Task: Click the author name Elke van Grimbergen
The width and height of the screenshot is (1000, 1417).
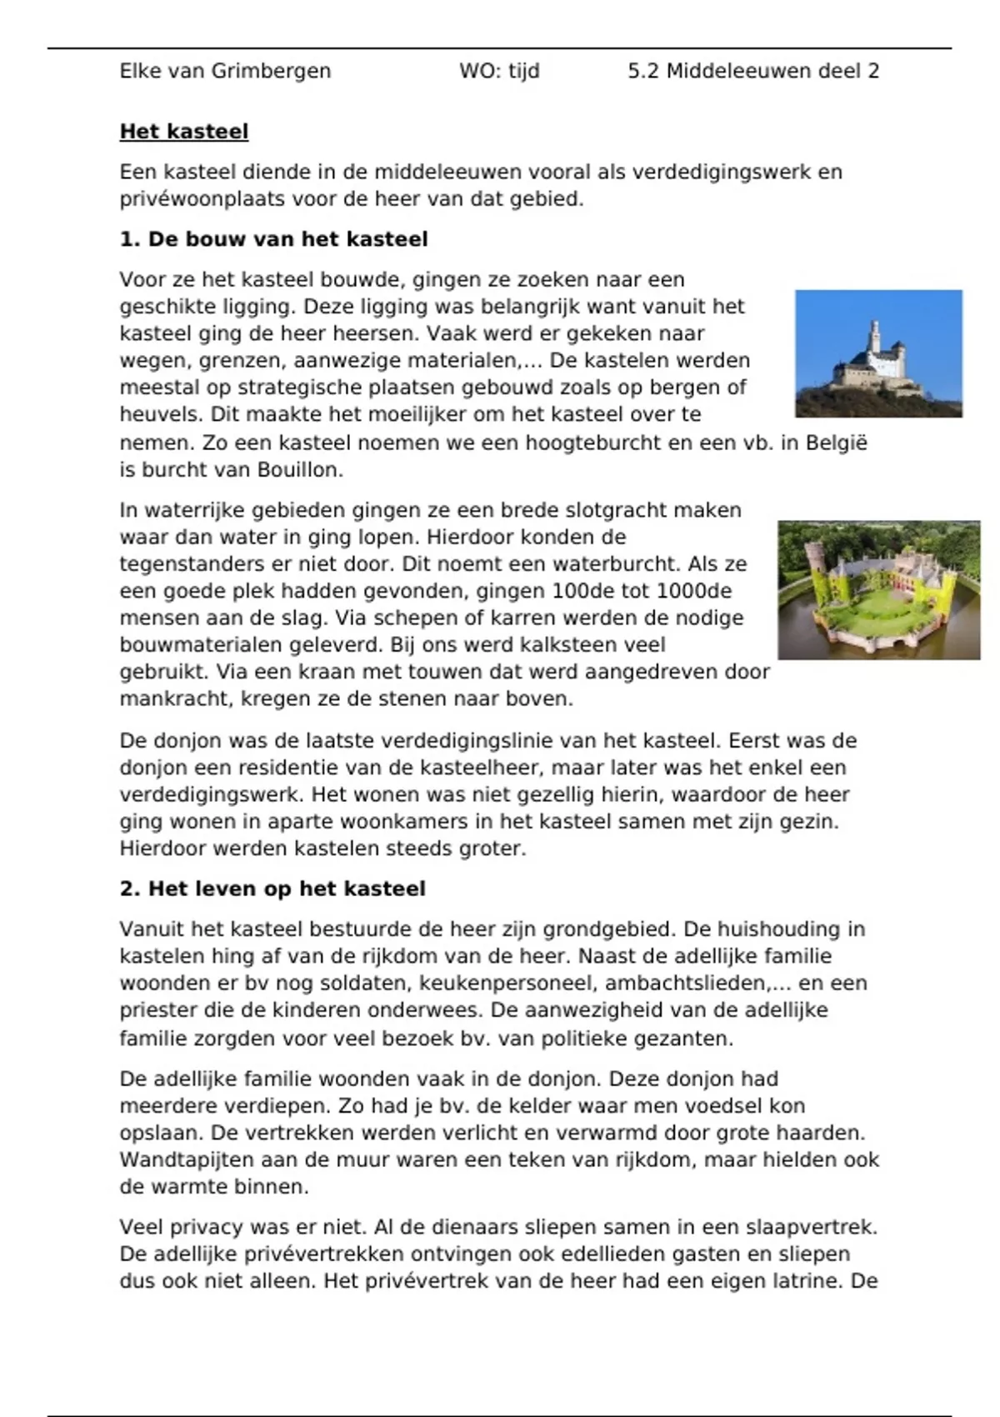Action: (225, 72)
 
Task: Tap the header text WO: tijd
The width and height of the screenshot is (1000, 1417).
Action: (499, 72)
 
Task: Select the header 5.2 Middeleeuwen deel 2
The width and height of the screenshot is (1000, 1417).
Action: (753, 72)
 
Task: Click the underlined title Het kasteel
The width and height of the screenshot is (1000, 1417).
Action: (184, 132)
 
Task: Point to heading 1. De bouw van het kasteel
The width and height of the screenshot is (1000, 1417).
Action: (273, 240)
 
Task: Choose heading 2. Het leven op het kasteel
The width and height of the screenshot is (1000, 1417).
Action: (272, 889)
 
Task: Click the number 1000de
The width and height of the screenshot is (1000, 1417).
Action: (694, 591)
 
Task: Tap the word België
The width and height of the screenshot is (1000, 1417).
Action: (836, 443)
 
